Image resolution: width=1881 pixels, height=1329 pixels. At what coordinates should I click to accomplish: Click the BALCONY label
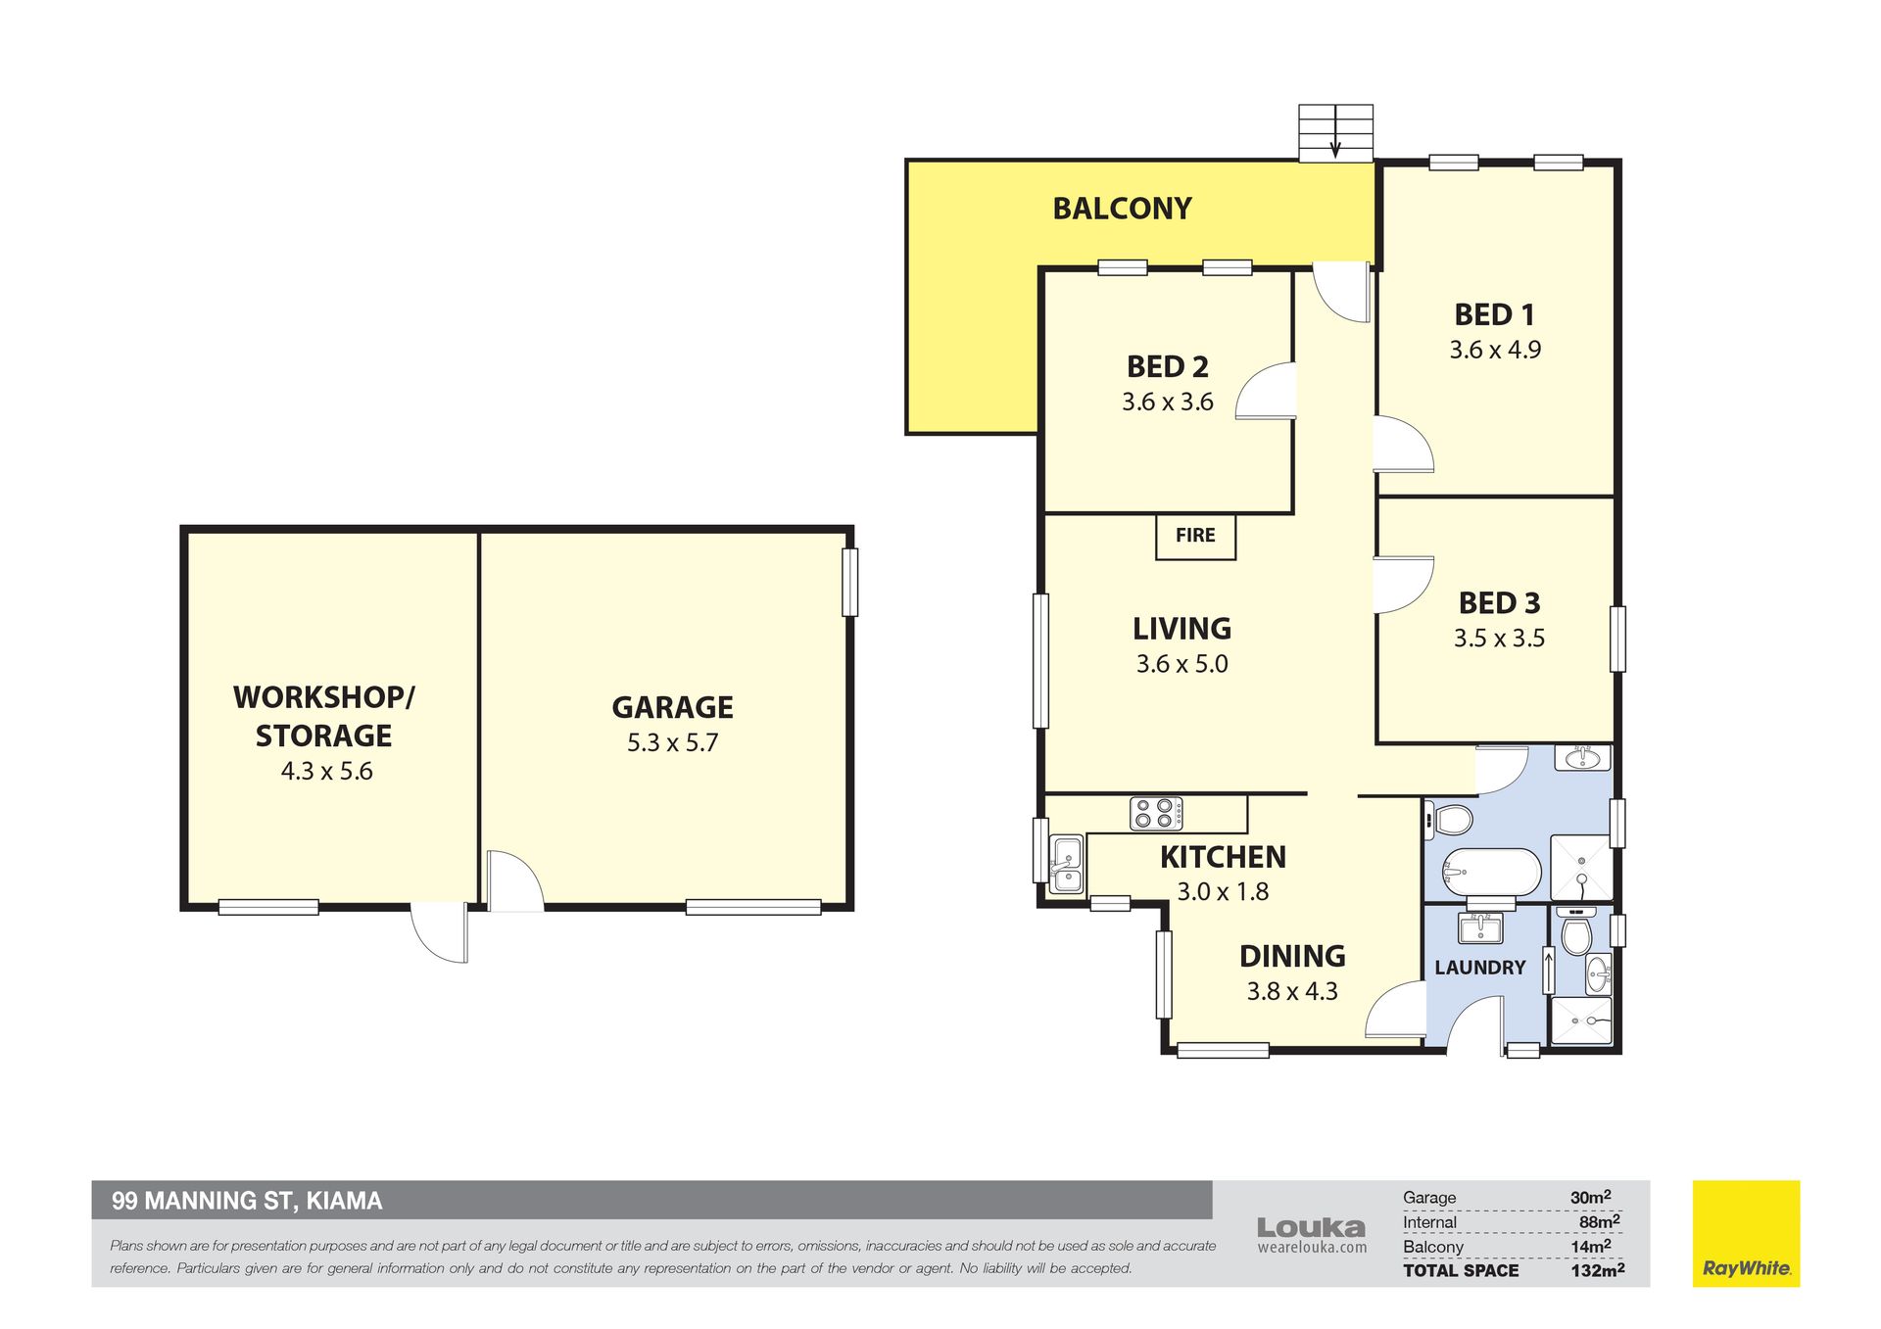[x=1122, y=209]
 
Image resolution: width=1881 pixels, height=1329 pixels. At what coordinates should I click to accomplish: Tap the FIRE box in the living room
[x=1195, y=537]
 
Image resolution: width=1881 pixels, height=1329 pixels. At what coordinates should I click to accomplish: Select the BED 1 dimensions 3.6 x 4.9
[x=1495, y=350]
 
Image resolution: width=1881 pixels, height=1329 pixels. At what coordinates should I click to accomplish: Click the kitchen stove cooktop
[x=1156, y=814]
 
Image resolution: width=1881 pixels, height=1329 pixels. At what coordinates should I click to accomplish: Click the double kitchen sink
[x=1066, y=864]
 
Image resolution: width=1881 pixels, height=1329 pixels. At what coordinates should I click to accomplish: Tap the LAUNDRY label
[x=1479, y=968]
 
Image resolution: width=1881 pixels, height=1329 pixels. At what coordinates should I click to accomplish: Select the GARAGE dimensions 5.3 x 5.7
[x=672, y=743]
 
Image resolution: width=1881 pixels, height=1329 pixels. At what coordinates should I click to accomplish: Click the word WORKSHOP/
[x=324, y=697]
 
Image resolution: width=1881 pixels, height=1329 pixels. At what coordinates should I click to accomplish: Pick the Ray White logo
[x=1746, y=1233]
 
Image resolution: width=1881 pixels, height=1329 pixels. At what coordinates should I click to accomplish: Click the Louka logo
[x=1311, y=1235]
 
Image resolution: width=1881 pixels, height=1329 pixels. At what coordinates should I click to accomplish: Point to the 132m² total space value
[x=1597, y=1270]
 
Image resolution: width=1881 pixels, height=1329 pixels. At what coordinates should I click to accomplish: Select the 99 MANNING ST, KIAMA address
[x=247, y=1201]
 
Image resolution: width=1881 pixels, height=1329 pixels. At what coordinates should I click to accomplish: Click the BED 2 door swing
[x=1266, y=391]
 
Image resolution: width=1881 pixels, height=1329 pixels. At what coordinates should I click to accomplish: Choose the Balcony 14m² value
[x=1591, y=1246]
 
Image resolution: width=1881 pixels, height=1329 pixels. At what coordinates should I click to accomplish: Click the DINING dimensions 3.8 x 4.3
[x=1292, y=992]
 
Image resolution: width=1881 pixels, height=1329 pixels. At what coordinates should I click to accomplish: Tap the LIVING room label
[x=1182, y=629]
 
